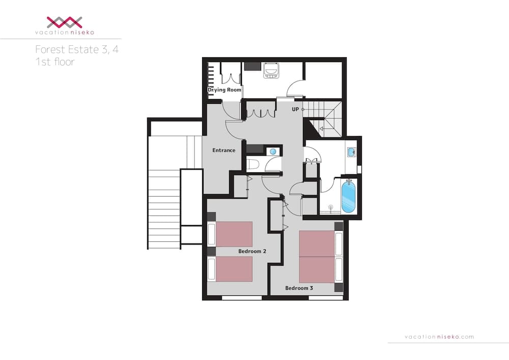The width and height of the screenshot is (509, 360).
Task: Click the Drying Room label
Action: point(224,90)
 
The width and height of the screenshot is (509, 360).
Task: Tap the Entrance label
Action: point(223,150)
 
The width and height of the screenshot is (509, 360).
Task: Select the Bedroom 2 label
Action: point(252,252)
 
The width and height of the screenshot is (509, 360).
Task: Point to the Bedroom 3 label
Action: point(299,288)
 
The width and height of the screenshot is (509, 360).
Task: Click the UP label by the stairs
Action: point(295,109)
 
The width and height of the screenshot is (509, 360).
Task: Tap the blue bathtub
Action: point(348,197)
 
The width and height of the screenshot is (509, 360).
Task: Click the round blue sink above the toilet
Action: point(273,151)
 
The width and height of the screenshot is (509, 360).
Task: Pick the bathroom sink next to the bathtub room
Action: point(351,152)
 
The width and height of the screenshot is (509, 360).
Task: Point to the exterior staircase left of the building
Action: point(163,209)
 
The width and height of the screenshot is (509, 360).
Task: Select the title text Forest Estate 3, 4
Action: point(77,50)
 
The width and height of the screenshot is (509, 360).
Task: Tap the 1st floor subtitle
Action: point(54,62)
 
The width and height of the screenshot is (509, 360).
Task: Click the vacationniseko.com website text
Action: point(439,337)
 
